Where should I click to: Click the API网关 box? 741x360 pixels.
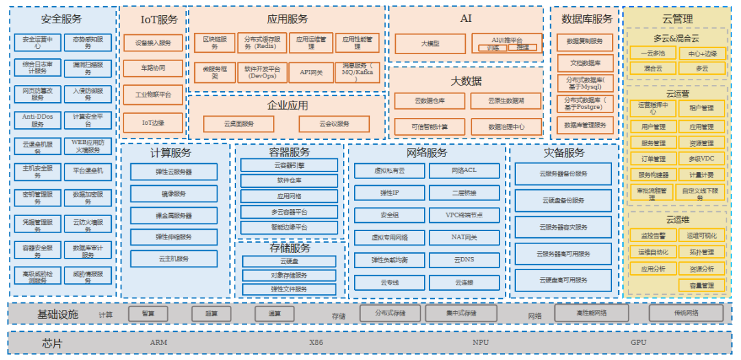pyautogui.click(x=311, y=72)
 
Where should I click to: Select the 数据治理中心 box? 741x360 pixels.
pyautogui.click(x=506, y=127)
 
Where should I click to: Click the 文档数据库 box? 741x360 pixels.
pyautogui.click(x=585, y=63)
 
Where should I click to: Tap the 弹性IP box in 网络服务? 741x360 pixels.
pyautogui.click(x=389, y=193)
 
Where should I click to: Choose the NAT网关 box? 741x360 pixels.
pyautogui.click(x=464, y=237)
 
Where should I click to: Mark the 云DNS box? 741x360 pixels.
pyautogui.click(x=464, y=260)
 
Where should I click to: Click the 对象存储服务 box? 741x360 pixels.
pyautogui.click(x=289, y=275)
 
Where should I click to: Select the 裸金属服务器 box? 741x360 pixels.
pyautogui.click(x=174, y=215)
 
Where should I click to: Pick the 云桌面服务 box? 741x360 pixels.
pyautogui.click(x=239, y=124)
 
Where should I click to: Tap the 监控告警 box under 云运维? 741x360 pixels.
pyautogui.click(x=648, y=235)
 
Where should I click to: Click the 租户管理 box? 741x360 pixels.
pyautogui.click(x=701, y=108)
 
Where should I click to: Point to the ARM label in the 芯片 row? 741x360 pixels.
pyautogui.click(x=158, y=342)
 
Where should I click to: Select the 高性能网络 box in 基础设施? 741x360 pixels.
pyautogui.click(x=591, y=313)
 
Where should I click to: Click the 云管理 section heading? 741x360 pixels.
pyautogui.click(x=677, y=19)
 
